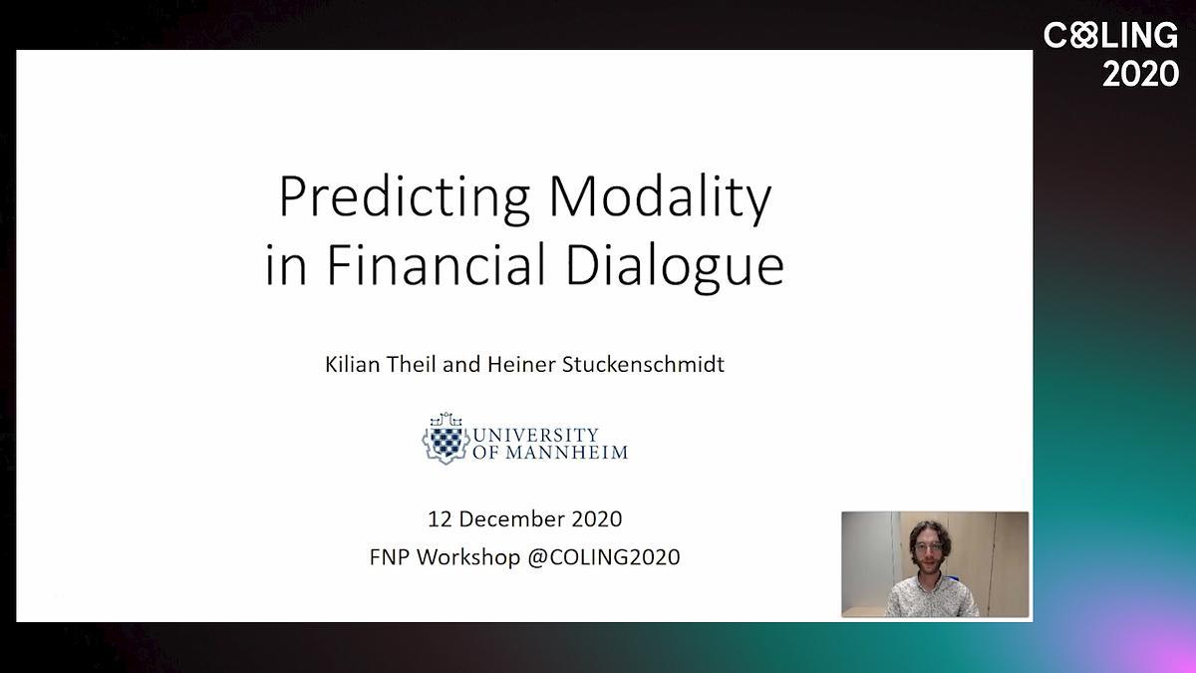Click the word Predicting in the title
[405, 198]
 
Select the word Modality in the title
[660, 197]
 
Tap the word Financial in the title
[437, 265]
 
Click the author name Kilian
[353, 364]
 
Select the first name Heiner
[521, 364]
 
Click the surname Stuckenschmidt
[643, 364]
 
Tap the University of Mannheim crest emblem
[446, 438]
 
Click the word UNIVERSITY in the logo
[535, 435]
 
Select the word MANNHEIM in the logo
[566, 453]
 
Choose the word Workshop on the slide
[468, 557]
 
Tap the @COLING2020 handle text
[604, 557]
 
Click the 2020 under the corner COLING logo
[1140, 74]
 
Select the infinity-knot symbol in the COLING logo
[1083, 35]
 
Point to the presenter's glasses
[929, 547]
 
